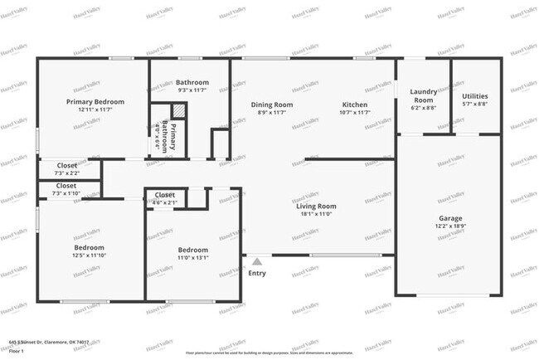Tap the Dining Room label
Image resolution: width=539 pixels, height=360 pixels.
pos(272,105)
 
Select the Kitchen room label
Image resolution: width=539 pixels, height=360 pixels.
pos(355,105)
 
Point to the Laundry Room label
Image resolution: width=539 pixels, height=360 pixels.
pos(422,95)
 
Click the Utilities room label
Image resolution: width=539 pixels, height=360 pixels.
pos(474,96)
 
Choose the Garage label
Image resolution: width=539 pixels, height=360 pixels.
pos(450,218)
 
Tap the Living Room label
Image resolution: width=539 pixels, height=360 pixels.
pos(316,206)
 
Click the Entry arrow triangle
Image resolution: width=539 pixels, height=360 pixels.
pos(257,261)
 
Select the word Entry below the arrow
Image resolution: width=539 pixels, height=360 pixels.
pos(257,273)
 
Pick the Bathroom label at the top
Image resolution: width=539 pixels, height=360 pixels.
pos(192,82)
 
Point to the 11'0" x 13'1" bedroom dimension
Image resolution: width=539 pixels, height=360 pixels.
pos(192,257)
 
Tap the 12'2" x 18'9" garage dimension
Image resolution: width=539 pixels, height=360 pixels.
pos(450,226)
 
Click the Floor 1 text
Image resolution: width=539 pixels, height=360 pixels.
pos(17,349)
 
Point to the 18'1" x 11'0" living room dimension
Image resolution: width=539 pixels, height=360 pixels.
pos(316,214)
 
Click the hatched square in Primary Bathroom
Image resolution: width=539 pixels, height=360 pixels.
pos(177,111)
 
